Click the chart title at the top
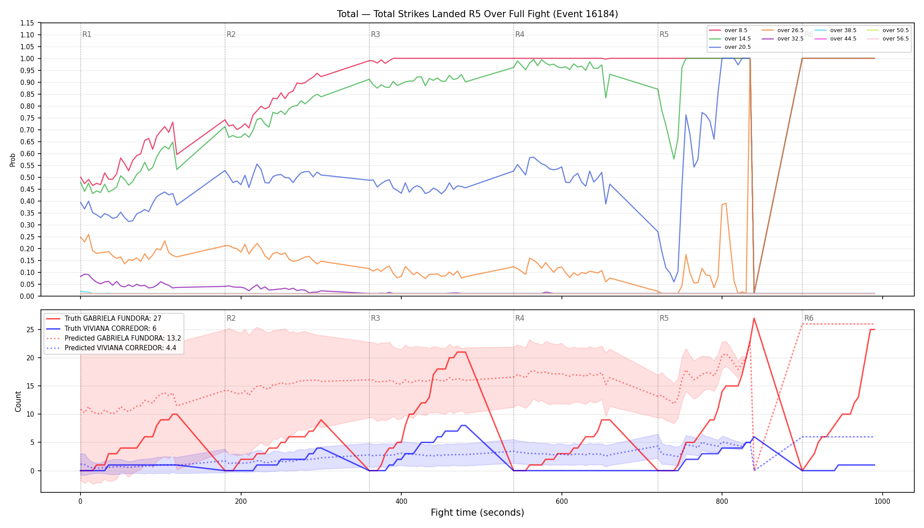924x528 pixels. [477, 14]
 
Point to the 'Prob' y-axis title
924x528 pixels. [13, 160]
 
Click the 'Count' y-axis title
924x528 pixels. [18, 401]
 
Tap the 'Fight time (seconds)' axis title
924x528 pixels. [477, 513]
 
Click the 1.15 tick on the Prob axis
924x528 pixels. [27, 23]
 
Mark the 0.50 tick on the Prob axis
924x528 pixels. [27, 177]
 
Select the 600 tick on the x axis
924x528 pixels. [561, 501]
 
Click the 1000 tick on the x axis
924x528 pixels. [882, 501]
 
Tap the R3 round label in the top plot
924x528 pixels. [375, 34]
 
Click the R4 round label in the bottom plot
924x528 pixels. [520, 318]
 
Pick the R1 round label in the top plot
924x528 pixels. [87, 34]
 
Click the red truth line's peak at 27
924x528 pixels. [754, 318]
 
